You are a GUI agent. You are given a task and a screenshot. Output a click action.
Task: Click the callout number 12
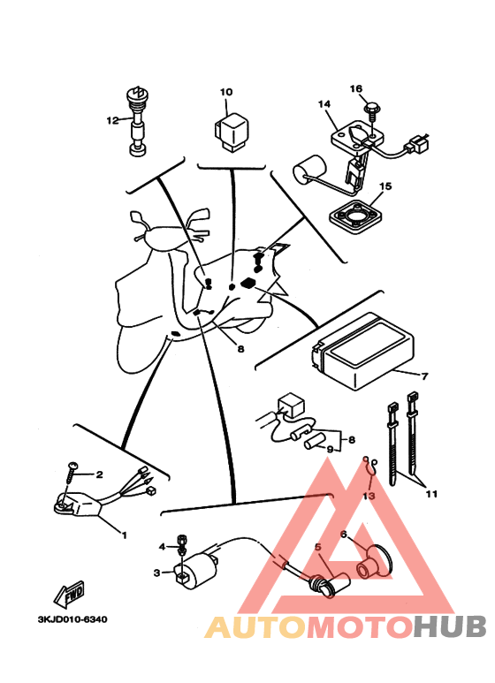tap(112, 120)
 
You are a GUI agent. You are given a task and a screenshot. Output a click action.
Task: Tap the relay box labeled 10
tap(232, 132)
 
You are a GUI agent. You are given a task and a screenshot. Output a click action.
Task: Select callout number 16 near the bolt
tap(356, 89)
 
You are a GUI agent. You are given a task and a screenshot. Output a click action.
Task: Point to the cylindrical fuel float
tap(309, 169)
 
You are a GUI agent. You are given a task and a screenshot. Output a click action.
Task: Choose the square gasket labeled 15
tap(355, 217)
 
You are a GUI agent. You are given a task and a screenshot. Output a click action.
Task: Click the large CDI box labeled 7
tap(362, 350)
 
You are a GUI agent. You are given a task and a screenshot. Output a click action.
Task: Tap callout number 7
tap(425, 376)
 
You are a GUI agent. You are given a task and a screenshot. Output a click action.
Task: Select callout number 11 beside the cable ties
tap(431, 495)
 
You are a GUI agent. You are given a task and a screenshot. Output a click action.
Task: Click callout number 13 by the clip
tap(369, 496)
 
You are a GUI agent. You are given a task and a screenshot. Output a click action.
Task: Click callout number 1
tap(124, 535)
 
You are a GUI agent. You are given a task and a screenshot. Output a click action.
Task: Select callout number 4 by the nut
tap(162, 547)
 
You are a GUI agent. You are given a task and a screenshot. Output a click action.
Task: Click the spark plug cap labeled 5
tap(329, 584)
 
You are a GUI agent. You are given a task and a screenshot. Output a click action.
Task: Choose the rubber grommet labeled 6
tap(374, 563)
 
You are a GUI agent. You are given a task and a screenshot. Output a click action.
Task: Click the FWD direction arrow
tap(69, 594)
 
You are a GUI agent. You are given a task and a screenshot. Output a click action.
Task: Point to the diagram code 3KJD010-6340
tap(72, 619)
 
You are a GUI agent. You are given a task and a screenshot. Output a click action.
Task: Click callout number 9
tap(330, 449)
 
